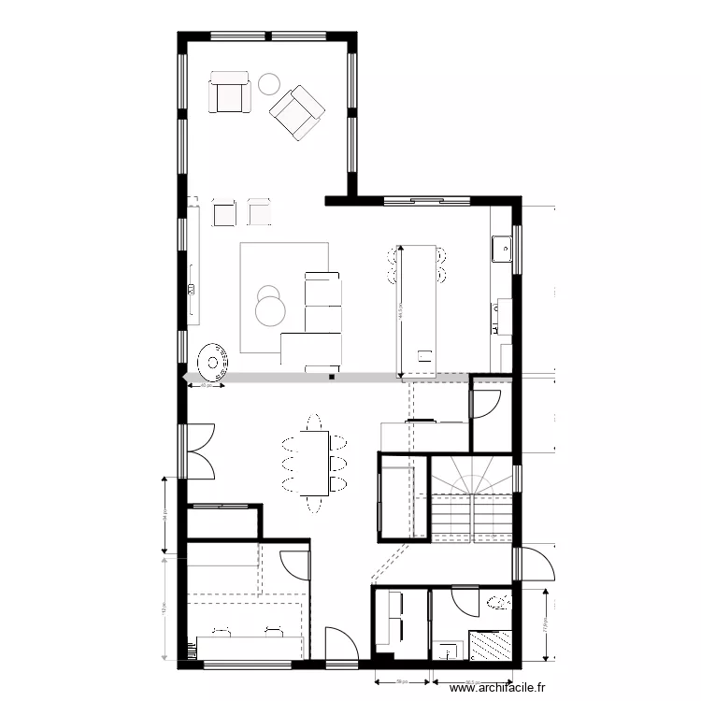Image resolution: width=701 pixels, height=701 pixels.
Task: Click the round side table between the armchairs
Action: [x=269, y=82]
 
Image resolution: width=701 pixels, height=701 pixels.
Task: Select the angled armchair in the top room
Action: [x=297, y=112]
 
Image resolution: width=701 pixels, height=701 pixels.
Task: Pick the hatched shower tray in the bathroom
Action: [x=491, y=646]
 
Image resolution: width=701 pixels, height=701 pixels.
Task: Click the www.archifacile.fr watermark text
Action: [x=495, y=689]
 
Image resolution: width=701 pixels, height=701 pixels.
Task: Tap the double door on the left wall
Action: [x=199, y=451]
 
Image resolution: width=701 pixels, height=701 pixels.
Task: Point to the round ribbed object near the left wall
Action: [x=214, y=360]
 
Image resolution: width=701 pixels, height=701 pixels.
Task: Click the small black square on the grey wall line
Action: [x=331, y=378]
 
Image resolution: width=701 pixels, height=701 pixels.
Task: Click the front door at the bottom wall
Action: [x=339, y=645]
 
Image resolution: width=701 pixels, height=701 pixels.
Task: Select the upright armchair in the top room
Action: [x=230, y=92]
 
